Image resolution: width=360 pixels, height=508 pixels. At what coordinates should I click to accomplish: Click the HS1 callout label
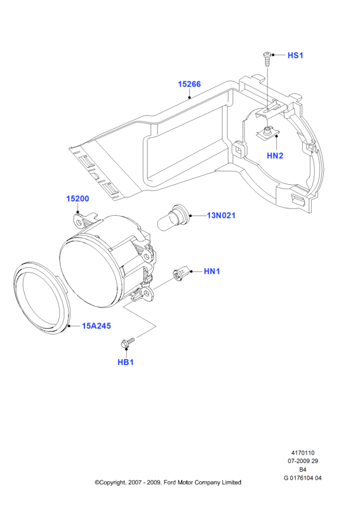click(295, 55)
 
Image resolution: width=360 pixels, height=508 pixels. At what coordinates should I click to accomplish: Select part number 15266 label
click(189, 84)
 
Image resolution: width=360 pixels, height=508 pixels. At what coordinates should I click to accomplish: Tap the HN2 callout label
click(275, 156)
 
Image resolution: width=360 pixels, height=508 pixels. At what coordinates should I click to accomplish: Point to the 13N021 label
click(221, 215)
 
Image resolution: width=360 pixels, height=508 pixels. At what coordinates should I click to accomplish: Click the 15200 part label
click(77, 199)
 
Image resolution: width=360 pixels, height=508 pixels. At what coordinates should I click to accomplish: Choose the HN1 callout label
click(212, 272)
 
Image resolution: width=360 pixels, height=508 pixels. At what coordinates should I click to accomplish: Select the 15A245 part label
click(97, 326)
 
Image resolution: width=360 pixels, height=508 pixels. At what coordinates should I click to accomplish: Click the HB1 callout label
click(126, 362)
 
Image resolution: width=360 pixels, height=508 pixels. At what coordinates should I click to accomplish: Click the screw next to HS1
click(267, 59)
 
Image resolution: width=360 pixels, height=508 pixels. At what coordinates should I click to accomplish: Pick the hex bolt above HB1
click(128, 342)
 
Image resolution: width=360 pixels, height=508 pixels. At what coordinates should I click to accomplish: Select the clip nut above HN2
click(268, 133)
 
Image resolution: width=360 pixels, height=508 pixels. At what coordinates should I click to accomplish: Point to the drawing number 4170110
click(303, 453)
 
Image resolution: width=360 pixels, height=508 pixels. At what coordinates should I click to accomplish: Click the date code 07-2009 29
click(303, 461)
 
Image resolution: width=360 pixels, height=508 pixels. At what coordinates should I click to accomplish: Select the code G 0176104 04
click(303, 478)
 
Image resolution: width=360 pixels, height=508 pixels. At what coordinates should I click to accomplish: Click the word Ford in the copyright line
click(170, 483)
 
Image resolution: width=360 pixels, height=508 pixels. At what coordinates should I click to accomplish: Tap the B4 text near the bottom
click(303, 469)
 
